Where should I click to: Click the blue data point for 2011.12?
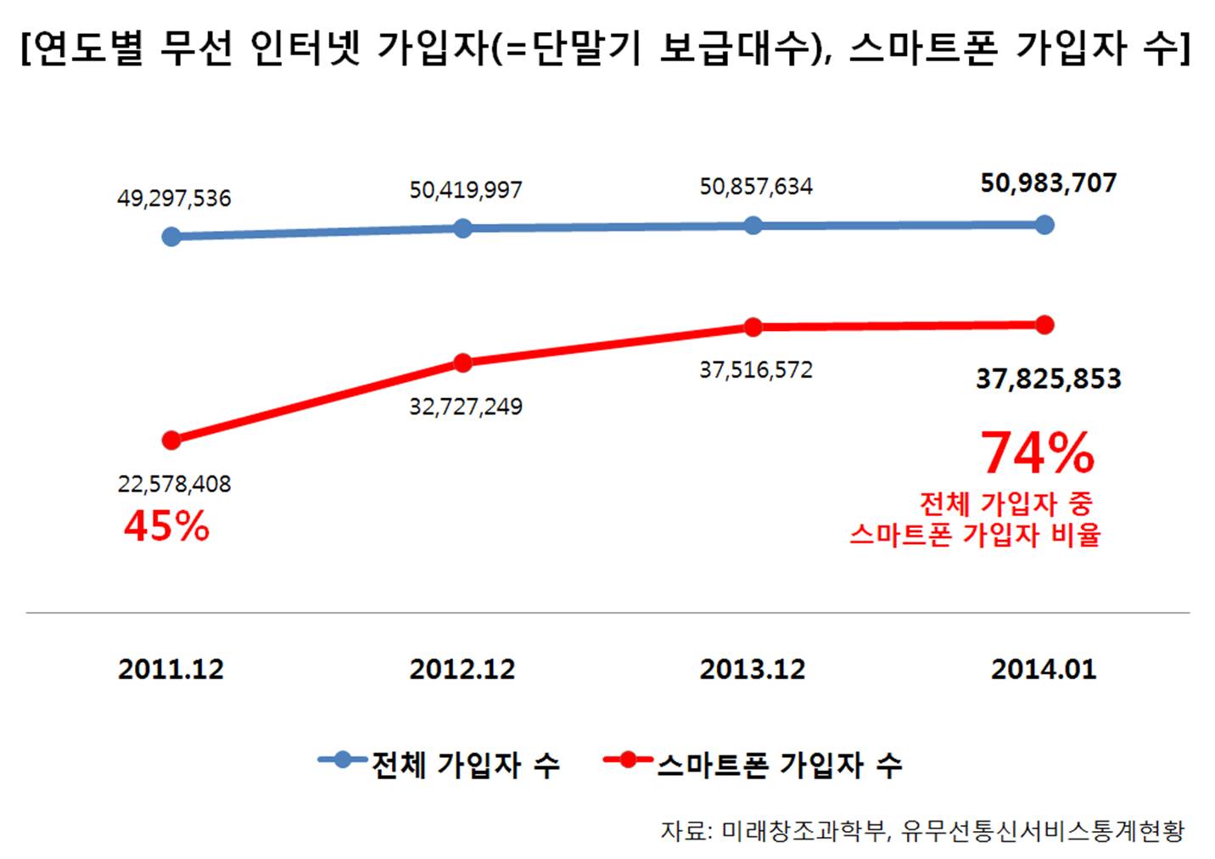pos(171,236)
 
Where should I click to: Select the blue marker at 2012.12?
pos(462,228)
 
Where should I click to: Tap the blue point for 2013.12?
pos(753,225)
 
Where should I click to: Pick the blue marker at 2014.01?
pos(1044,224)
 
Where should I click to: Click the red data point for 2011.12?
pos(171,440)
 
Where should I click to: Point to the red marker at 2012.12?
pos(462,363)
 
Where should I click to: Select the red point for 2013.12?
pos(753,327)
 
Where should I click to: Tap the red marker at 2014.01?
pos(1044,324)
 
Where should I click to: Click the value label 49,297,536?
pos(174,199)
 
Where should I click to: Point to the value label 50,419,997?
pos(466,190)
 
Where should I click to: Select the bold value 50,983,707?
pos(1049,183)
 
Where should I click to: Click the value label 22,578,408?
pos(174,484)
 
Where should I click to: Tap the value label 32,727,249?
pos(466,407)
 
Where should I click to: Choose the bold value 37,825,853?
pos(1049,379)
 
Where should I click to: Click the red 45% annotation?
pos(166,527)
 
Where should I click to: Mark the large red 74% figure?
pos(1038,453)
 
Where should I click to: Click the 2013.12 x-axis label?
pos(753,670)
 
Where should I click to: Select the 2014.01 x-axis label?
pos(1044,670)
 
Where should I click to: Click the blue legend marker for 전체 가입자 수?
pos(343,760)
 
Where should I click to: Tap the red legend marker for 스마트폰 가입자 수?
pos(628,760)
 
